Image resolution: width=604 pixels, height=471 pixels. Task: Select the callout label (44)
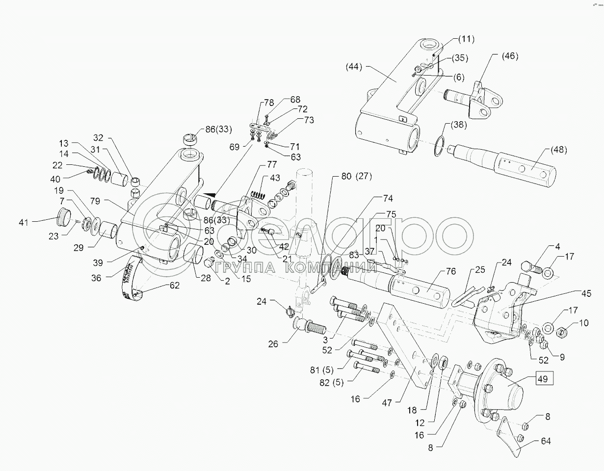point(354,67)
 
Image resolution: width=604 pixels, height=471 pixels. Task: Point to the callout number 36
point(96,278)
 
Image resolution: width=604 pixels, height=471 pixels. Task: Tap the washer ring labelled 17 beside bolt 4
point(549,271)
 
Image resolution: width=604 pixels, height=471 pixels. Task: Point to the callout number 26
point(273,344)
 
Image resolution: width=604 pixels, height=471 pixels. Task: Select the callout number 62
point(161,285)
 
